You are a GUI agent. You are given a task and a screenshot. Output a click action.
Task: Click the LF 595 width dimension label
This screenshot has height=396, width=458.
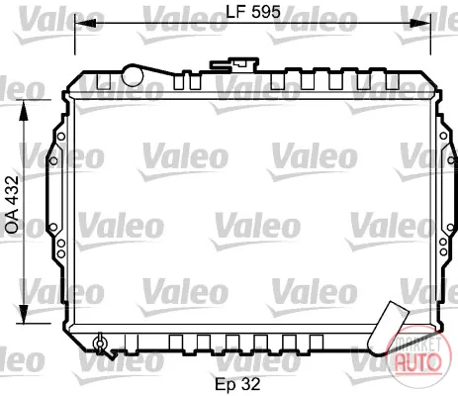point(253,12)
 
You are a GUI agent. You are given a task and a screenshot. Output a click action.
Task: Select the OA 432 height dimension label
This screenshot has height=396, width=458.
point(13,205)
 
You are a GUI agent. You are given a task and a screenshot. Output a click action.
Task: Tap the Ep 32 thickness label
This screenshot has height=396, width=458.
point(237,384)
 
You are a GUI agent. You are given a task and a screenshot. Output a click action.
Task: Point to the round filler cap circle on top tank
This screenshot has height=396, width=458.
point(133,75)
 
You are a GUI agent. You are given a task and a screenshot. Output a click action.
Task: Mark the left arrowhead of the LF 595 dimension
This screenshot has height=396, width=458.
point(85,23)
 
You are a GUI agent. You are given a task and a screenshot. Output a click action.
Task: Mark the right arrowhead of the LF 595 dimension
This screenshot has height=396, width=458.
point(420,23)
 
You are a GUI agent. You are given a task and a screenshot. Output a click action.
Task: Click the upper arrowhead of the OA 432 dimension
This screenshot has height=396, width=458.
point(24,111)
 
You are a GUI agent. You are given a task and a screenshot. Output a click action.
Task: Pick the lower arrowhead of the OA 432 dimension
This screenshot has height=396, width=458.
point(24,314)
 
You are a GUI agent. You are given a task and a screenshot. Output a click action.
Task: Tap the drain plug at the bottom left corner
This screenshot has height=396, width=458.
point(100,344)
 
